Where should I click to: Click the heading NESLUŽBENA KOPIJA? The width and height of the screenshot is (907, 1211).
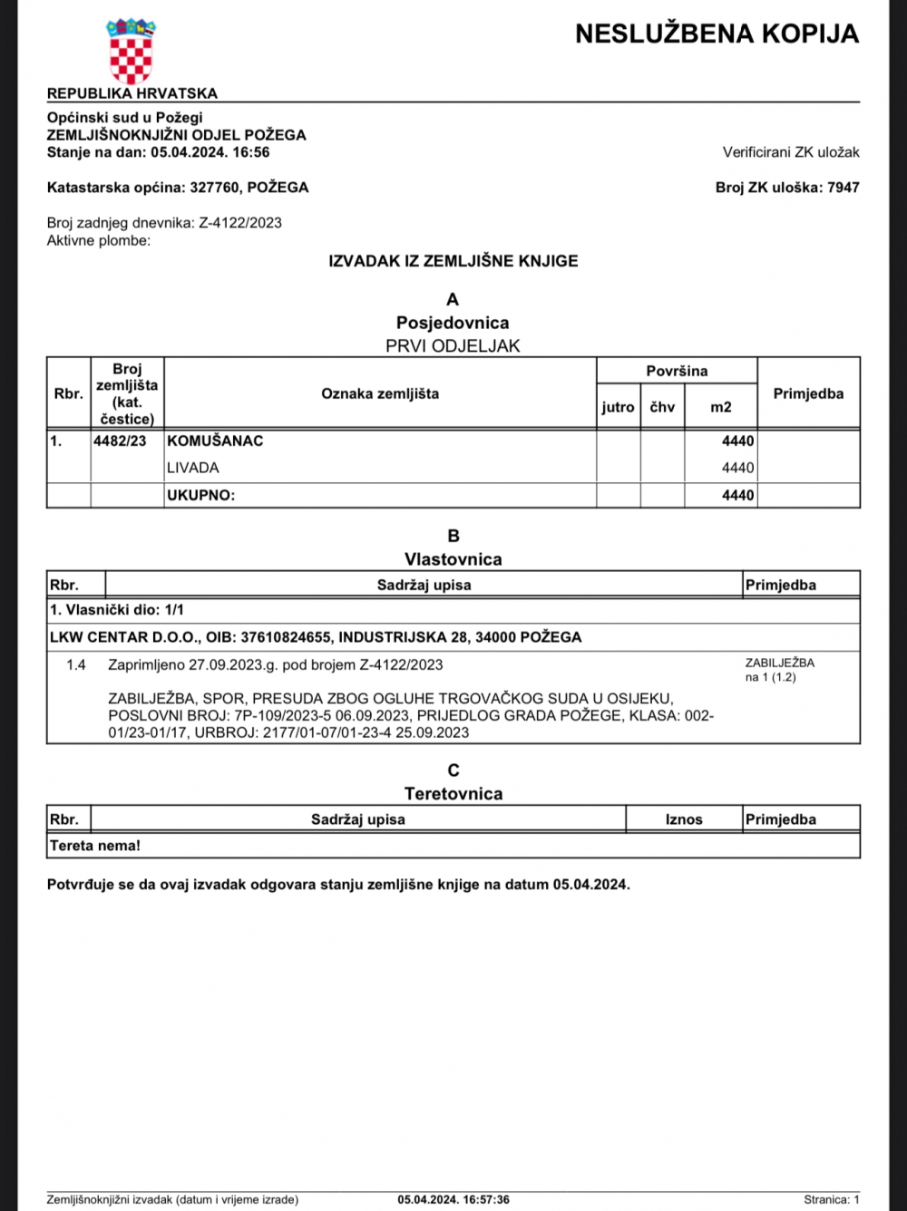coord(717,34)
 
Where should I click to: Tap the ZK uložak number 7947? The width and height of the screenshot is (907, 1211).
coord(844,188)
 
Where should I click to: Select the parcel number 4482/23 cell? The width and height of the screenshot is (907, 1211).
coord(120,441)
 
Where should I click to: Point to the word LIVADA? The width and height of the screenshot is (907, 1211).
coord(193,469)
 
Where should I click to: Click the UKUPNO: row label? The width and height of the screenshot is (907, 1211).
coord(200,496)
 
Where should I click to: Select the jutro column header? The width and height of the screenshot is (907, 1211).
coord(618,407)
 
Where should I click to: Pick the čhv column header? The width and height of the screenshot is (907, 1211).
coord(662,407)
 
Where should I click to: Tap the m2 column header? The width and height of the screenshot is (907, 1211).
coord(721,407)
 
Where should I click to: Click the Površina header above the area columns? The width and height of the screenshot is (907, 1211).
coord(677,371)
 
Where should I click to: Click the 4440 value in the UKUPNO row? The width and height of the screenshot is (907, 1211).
coord(737,496)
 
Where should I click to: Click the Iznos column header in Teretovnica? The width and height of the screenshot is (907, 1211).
coord(684,819)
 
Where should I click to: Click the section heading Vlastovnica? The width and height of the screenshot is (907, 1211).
coord(453,559)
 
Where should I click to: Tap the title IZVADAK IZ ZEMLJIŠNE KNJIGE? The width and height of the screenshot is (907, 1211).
coord(453,261)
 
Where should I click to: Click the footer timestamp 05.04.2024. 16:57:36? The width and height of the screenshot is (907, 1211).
coord(453,1199)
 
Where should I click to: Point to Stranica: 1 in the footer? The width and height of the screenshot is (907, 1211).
coord(832,1199)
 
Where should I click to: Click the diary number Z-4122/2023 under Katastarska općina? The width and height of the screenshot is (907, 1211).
coord(240,223)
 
